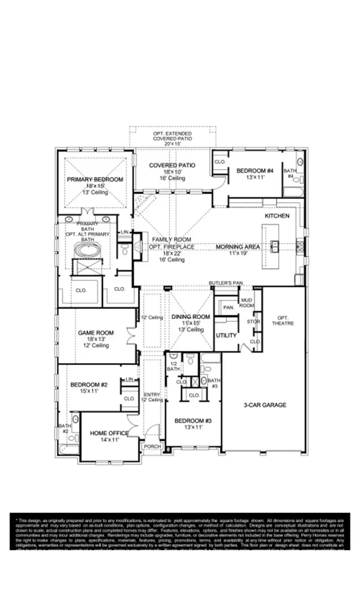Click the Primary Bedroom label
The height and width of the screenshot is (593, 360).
[x=95, y=180]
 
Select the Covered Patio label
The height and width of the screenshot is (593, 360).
[x=172, y=165]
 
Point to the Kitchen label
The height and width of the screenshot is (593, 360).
[x=277, y=216]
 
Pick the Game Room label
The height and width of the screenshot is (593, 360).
[x=96, y=333]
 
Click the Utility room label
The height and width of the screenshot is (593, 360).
[x=226, y=336]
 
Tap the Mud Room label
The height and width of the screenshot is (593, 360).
[x=247, y=303]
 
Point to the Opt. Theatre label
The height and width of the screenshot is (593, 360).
[x=285, y=320]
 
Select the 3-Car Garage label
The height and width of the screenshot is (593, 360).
[x=265, y=405]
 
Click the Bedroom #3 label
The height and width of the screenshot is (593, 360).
[x=193, y=421]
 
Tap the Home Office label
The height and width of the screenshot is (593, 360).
[x=109, y=433]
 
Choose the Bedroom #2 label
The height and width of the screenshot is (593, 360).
[x=89, y=385]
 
